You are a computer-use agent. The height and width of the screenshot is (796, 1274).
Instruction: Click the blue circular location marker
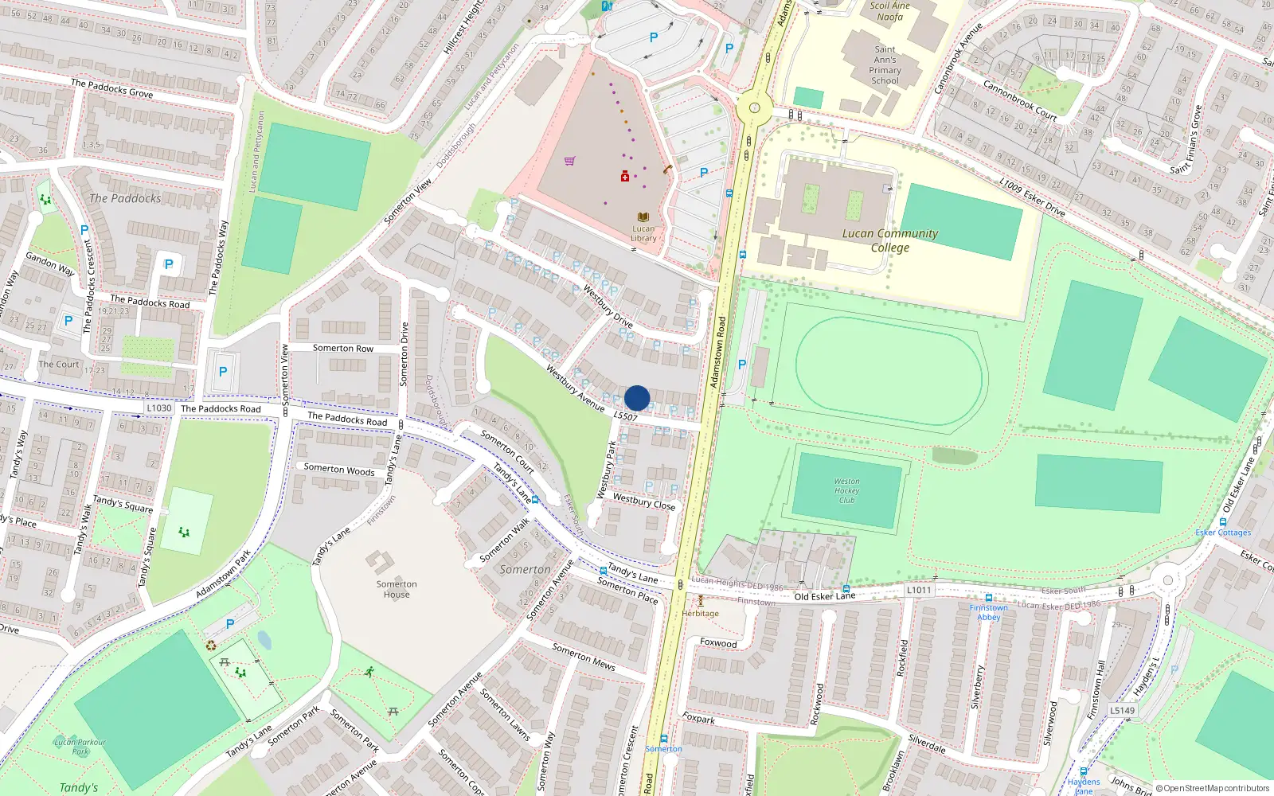tap(637, 398)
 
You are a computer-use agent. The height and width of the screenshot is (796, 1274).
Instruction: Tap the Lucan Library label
tap(643, 233)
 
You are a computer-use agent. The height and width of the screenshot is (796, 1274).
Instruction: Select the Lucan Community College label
tap(890, 240)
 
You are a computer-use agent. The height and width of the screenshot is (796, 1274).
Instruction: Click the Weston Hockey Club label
tap(846, 490)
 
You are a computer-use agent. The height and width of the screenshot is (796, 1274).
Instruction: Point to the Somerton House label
tap(397, 589)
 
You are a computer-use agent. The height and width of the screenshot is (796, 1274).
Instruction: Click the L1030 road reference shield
tap(159, 408)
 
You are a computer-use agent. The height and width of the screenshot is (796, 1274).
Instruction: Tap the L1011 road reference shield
tap(918, 590)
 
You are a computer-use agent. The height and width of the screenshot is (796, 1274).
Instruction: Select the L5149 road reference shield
tap(1122, 710)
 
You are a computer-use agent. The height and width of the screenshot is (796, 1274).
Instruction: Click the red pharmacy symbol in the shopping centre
tap(625, 176)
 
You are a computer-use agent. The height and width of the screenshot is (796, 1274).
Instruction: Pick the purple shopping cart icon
tap(569, 161)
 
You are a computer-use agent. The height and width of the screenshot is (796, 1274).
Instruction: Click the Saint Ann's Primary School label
tap(885, 64)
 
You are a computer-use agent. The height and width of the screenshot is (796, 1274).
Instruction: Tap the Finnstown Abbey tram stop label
tap(988, 612)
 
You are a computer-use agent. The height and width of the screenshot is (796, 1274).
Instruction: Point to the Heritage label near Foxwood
tap(701, 613)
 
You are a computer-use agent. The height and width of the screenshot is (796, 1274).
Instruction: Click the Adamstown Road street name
tap(718, 352)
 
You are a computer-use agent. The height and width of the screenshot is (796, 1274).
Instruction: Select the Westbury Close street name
tap(643, 501)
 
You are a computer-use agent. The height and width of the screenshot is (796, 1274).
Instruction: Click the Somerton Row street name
tap(342, 348)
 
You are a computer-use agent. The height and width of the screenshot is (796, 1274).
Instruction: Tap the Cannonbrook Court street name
tap(1019, 100)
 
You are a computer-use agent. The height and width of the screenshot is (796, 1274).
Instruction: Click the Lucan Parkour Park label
tap(80, 746)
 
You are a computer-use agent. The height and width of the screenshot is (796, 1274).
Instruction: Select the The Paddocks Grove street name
tap(111, 88)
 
